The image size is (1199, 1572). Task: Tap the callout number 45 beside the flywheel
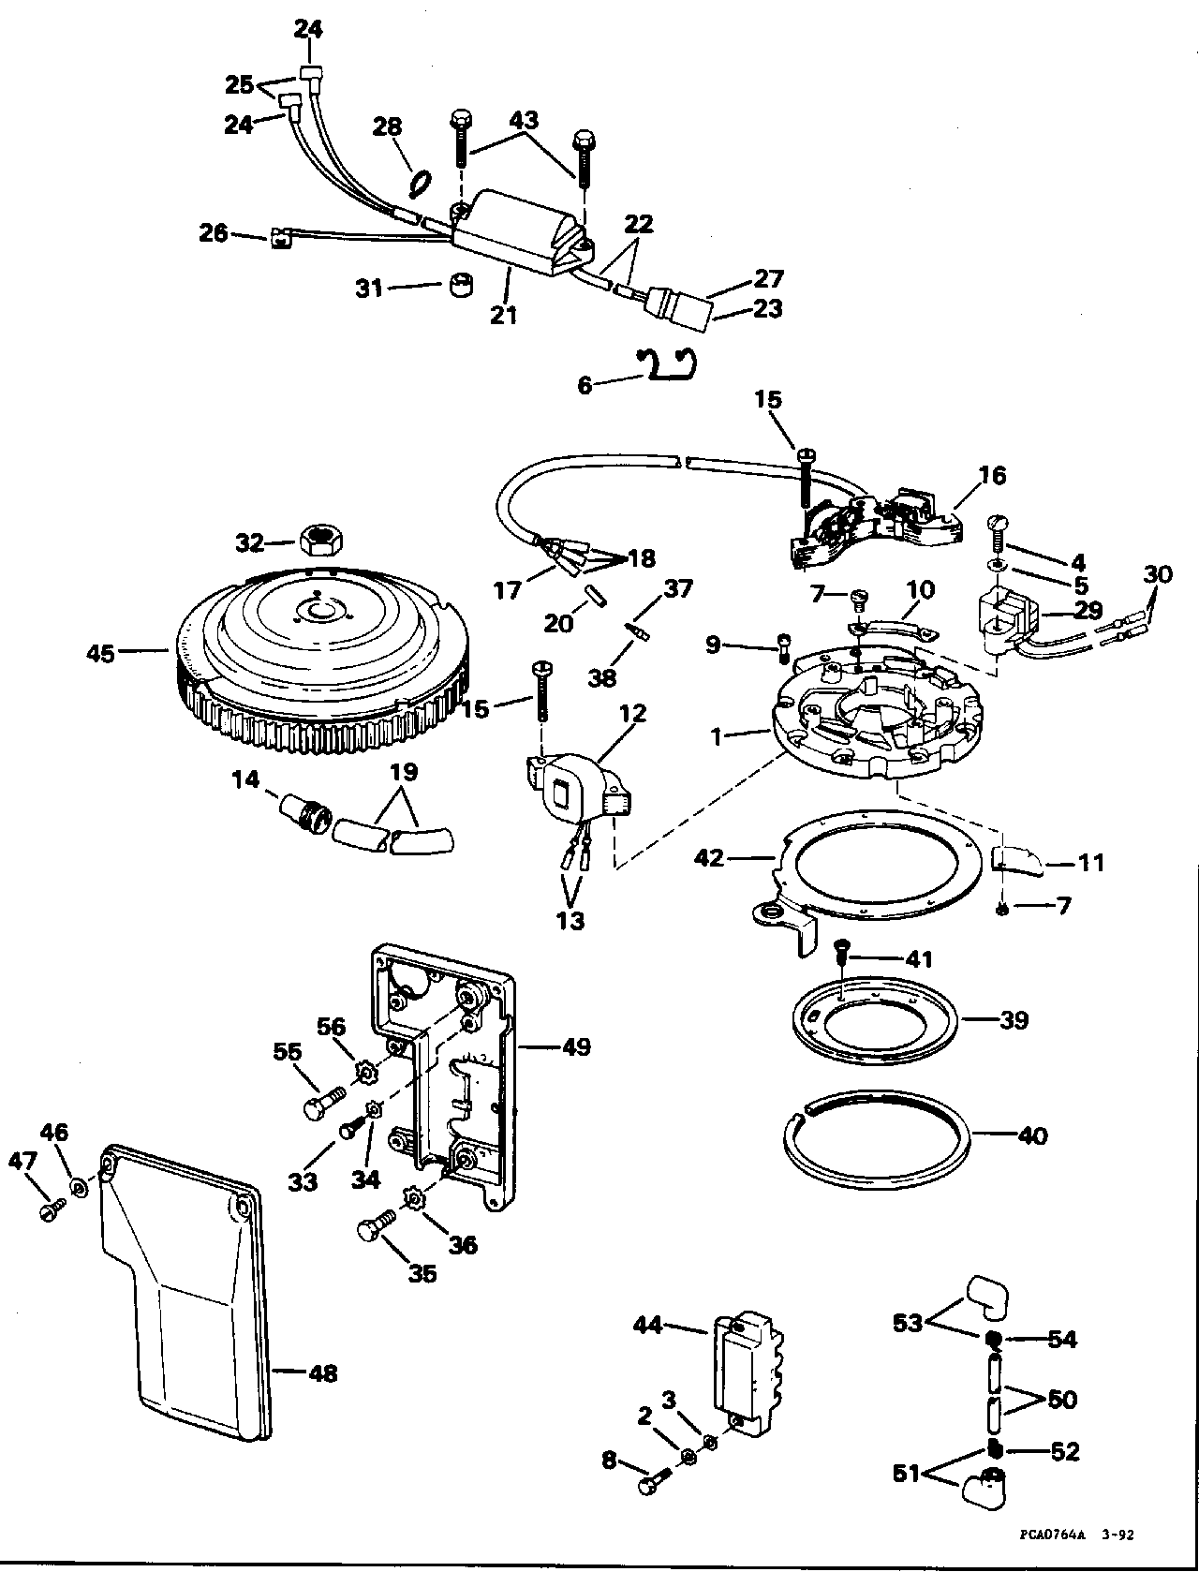100,652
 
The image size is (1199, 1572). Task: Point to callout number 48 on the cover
323,1388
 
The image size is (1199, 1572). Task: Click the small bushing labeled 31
461,286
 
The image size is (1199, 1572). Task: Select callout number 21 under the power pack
504,315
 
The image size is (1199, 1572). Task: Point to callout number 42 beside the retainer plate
709,858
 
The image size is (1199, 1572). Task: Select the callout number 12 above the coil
633,713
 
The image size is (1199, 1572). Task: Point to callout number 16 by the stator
993,475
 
